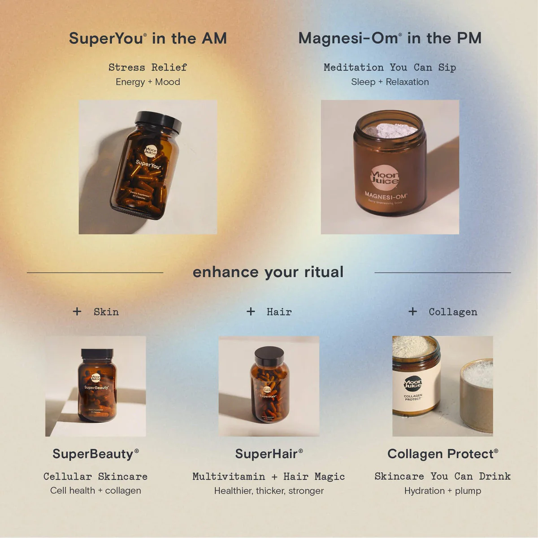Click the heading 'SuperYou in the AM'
point(148,39)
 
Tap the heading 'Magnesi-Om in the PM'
point(390,39)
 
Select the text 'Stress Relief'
point(148,67)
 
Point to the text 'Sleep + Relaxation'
point(390,82)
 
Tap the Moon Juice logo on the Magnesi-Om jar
point(385,178)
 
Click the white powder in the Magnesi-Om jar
point(390,130)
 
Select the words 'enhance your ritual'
point(268,272)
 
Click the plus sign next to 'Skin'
point(77,311)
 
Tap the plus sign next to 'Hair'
point(251,311)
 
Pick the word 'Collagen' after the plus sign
point(453,312)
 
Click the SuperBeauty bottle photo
point(96,386)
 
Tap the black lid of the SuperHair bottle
point(269,356)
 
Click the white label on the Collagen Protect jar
point(413,390)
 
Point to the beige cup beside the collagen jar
point(476,397)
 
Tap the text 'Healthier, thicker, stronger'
point(269,491)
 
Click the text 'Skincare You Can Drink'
point(443,476)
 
